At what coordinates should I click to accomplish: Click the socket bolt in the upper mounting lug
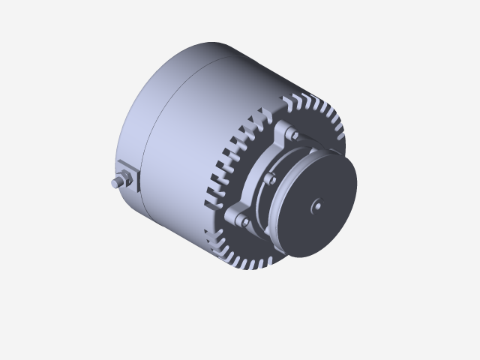point(293,135)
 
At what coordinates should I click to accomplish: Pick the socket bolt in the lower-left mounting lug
point(244,220)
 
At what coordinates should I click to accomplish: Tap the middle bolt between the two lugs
point(268,181)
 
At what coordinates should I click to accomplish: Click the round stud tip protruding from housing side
point(115,182)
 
